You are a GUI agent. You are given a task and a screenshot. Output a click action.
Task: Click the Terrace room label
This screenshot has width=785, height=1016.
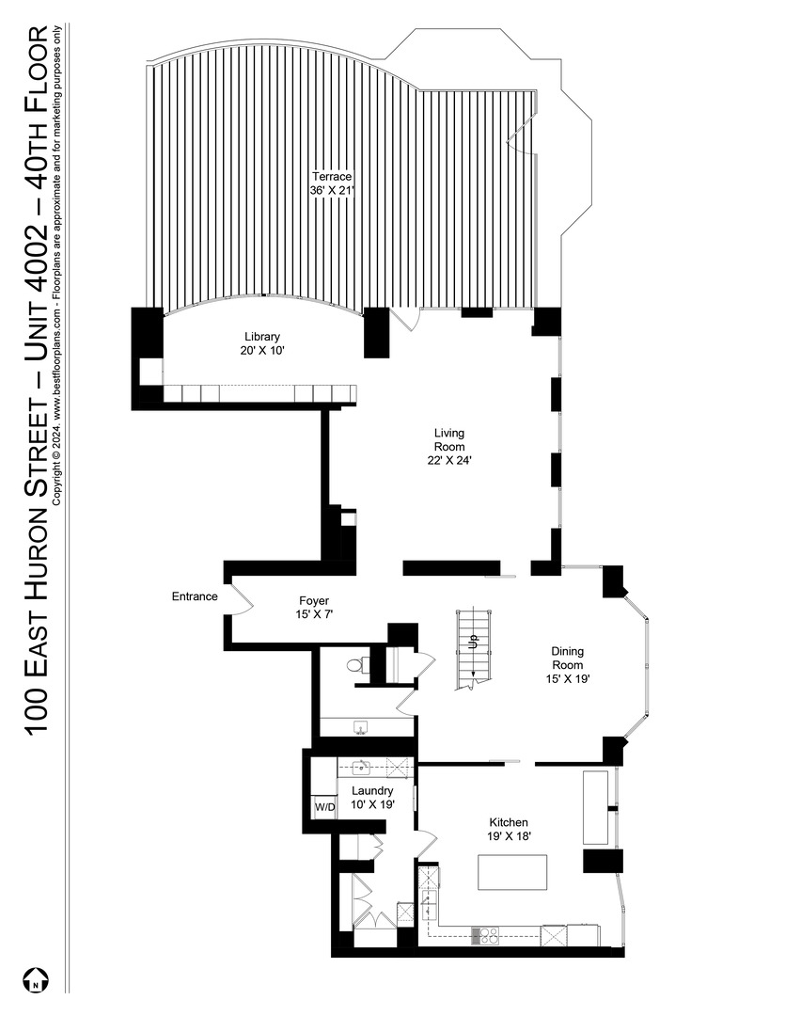point(332,176)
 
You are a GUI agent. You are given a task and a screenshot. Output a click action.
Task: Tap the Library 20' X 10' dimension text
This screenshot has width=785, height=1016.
point(261,350)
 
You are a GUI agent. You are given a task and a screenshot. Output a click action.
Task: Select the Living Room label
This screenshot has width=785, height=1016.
point(447,439)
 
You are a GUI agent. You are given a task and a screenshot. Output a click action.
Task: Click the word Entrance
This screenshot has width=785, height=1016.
point(195,596)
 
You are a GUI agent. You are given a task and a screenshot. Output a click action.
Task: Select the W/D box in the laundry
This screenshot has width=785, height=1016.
point(323,807)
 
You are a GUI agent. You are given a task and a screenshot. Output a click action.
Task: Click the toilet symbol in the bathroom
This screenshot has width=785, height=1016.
point(354,665)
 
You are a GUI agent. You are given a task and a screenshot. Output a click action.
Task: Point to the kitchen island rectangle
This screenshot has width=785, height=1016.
point(512,872)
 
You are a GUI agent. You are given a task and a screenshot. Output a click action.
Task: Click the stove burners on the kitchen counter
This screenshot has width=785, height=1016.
point(485,934)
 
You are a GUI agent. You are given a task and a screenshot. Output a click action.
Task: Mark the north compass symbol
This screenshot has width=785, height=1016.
point(35,980)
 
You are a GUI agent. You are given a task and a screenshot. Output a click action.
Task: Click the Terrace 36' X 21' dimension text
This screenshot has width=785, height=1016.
point(332,190)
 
